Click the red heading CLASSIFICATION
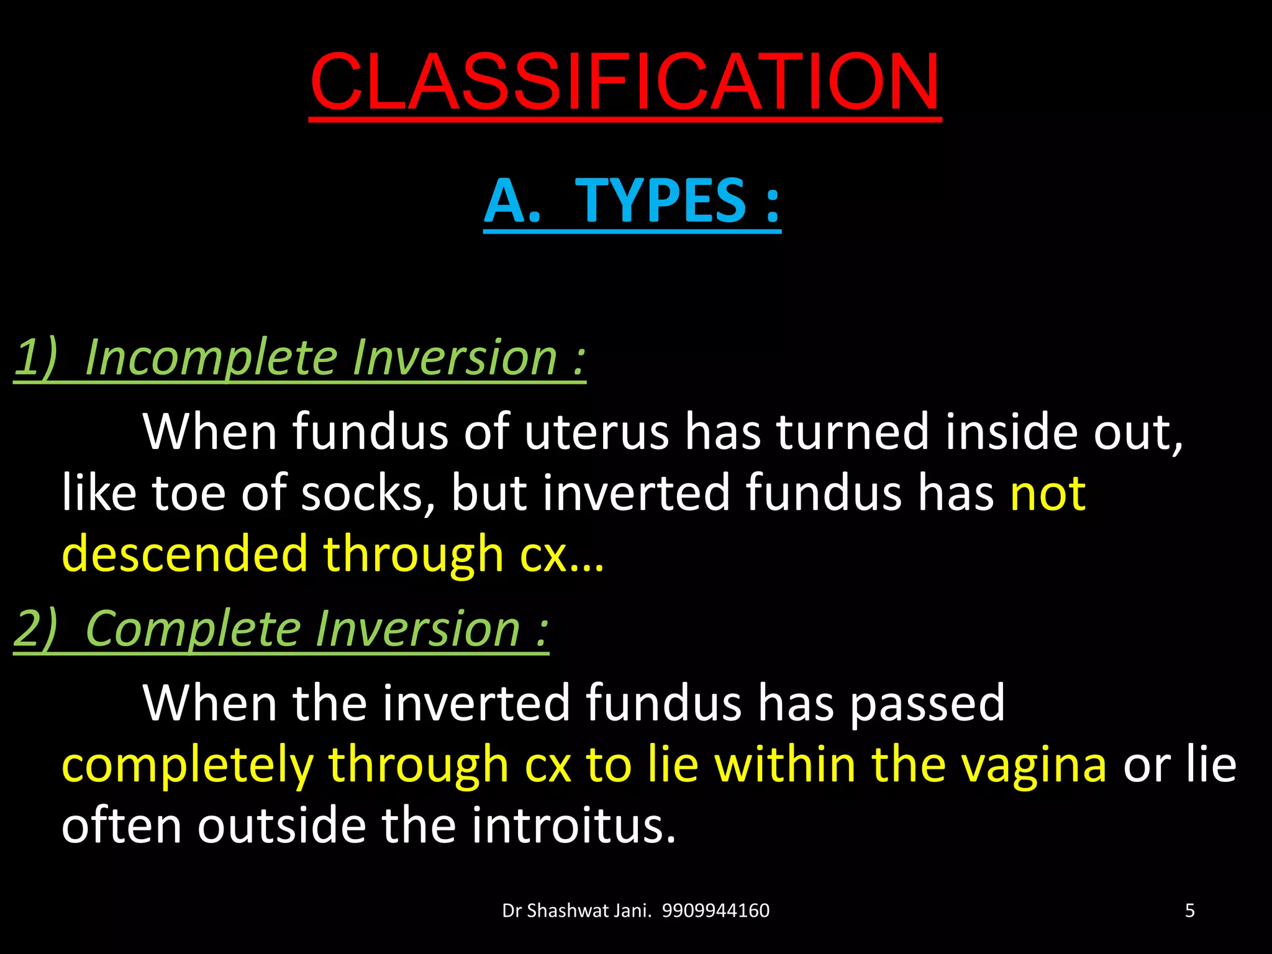point(625,82)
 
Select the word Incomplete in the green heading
point(210,359)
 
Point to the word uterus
point(596,432)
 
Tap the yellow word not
point(1048,493)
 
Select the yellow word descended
point(184,554)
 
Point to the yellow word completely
point(186,766)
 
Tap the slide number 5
point(1189,911)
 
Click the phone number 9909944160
point(715,911)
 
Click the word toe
point(188,493)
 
